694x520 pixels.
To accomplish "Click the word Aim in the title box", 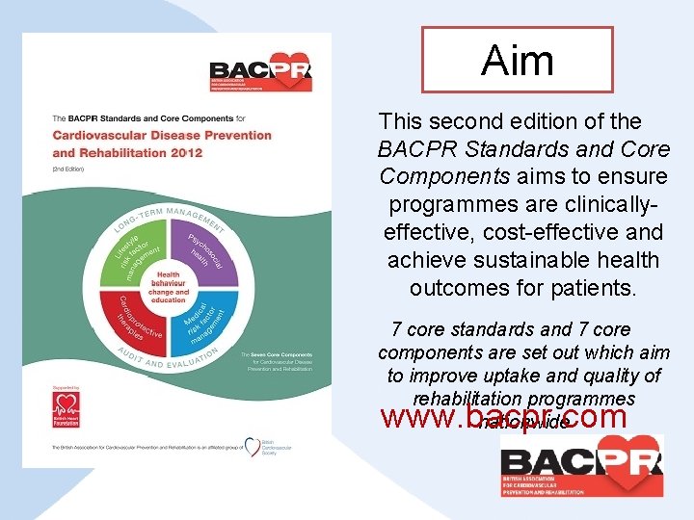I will (518, 60).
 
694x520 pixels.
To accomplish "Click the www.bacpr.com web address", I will (505, 417).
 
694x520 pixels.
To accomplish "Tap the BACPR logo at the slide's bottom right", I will (581, 465).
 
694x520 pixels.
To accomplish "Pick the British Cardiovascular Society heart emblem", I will (253, 447).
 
